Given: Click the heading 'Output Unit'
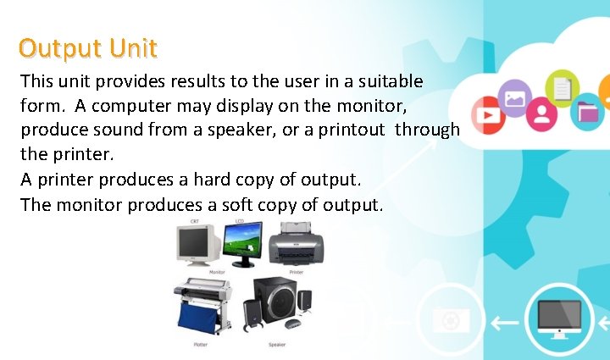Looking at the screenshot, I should click(88, 47).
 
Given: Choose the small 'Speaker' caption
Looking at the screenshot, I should click(277, 345).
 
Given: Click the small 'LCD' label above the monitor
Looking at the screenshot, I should click(239, 220).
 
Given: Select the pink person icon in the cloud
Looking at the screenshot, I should click(546, 112).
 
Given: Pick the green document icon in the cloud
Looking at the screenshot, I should click(561, 86).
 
